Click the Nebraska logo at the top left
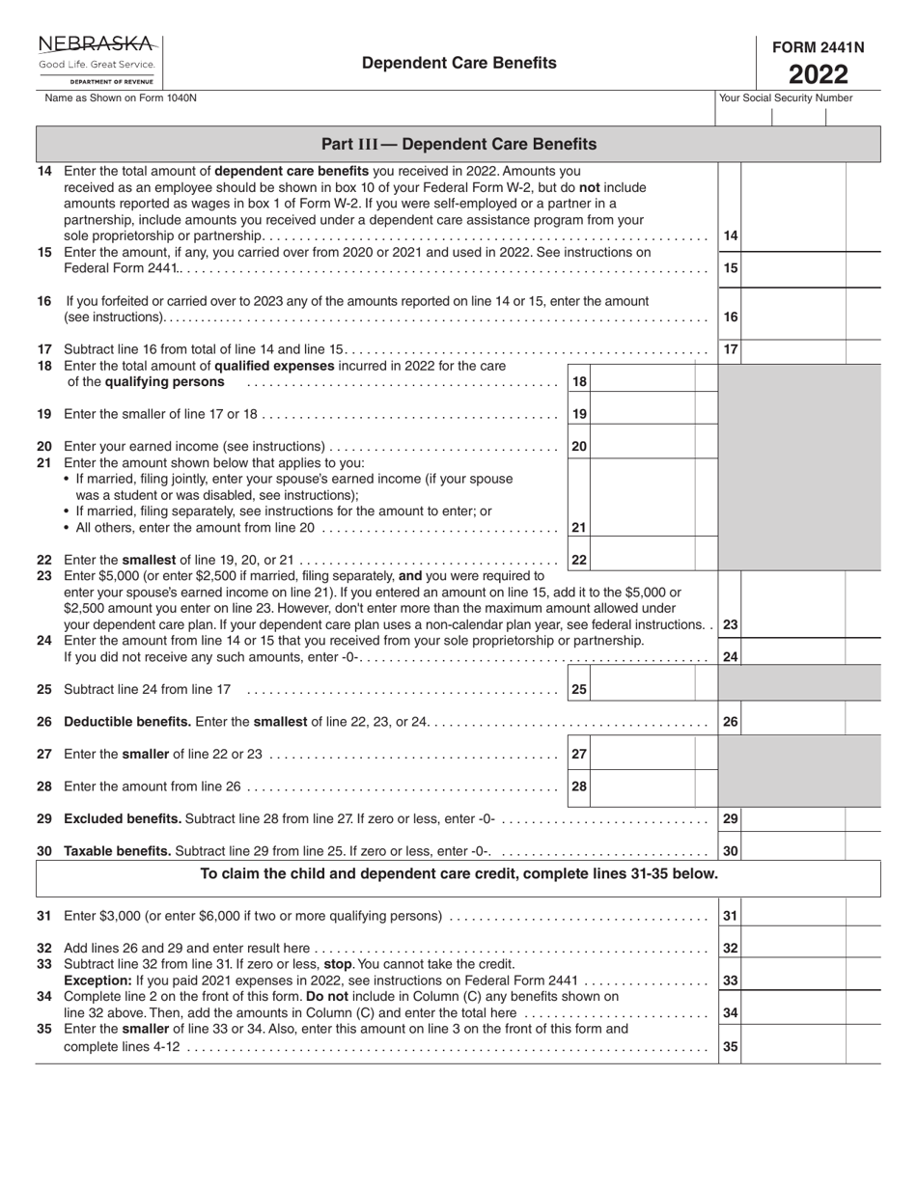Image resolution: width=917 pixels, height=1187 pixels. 97,60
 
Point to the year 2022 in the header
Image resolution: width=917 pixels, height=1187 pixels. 819,74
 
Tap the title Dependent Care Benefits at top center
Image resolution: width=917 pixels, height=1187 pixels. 458,63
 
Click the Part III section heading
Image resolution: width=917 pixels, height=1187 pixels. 458,144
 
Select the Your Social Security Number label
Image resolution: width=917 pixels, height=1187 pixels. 786,97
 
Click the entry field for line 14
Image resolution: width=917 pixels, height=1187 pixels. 793,235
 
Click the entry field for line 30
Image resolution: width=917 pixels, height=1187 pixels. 793,851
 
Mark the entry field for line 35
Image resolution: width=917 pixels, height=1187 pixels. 793,1045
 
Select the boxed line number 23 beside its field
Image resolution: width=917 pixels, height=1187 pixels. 731,624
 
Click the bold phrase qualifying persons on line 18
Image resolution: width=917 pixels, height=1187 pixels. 146,382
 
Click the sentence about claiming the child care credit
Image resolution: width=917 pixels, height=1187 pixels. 458,873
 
